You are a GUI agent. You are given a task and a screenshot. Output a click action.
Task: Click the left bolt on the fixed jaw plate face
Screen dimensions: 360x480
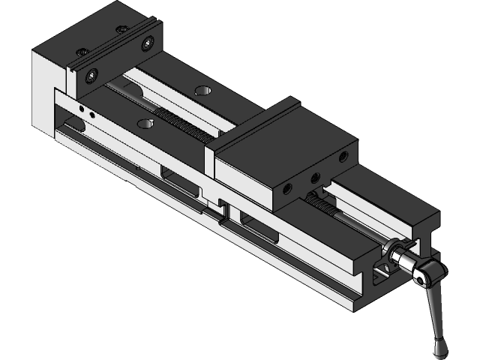(91, 73)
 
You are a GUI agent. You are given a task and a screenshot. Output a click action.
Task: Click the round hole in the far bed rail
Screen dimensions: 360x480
(201, 91)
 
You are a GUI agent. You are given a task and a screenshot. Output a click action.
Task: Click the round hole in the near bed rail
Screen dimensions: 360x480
(143, 121)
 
